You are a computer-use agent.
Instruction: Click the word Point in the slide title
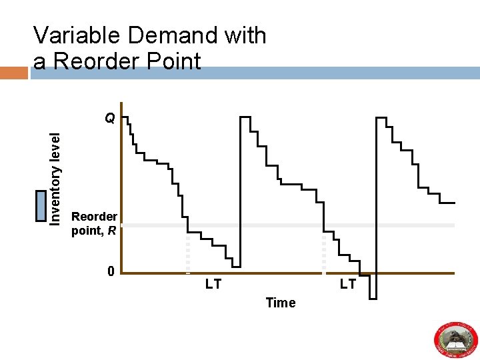(173, 61)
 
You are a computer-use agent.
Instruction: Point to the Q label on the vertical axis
(110, 119)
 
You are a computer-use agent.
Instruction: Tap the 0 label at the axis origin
(111, 271)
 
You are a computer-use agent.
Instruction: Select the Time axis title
(280, 303)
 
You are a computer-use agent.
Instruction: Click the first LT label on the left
(213, 285)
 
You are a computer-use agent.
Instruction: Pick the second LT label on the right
(348, 285)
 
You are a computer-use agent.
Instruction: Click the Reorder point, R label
(94, 223)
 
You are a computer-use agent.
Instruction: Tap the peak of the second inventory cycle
(245, 117)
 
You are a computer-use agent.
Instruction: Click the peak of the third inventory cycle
(381, 118)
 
